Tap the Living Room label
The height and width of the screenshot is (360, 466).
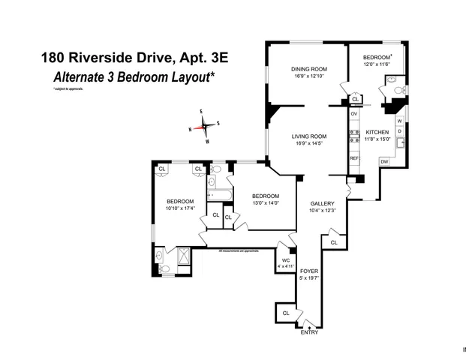[309, 136]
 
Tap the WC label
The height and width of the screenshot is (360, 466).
[286, 260]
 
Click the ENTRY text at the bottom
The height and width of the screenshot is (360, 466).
[309, 332]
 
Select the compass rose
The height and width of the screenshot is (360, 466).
[205, 126]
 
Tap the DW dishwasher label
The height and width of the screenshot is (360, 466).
[383, 161]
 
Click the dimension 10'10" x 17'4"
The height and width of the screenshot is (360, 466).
[180, 208]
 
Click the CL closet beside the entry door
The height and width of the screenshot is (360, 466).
[286, 313]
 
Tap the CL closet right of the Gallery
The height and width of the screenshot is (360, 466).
[333, 242]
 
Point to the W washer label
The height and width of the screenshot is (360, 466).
[399, 121]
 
